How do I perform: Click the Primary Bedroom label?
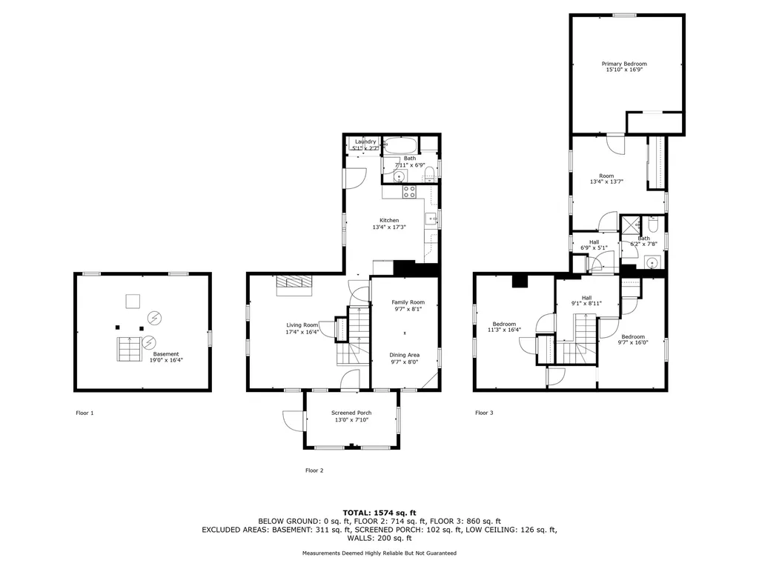pyautogui.click(x=624, y=64)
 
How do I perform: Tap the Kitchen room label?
pyautogui.click(x=389, y=221)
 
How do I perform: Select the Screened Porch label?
pyautogui.click(x=351, y=413)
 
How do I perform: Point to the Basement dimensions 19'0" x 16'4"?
pyautogui.click(x=166, y=360)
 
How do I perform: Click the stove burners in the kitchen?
pyautogui.click(x=409, y=192)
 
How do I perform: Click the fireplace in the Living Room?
pyautogui.click(x=294, y=285)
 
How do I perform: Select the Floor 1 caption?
pyautogui.click(x=84, y=413)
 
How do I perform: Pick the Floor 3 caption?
pyautogui.click(x=484, y=413)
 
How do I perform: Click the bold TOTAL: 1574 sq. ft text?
pyautogui.click(x=379, y=513)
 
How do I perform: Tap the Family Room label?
pyautogui.click(x=408, y=302)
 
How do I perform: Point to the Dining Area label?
pyautogui.click(x=405, y=355)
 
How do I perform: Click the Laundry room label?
pyautogui.click(x=365, y=142)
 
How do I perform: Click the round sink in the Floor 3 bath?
pyautogui.click(x=652, y=263)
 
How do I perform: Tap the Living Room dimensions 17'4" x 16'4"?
pyautogui.click(x=302, y=333)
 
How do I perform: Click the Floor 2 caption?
pyautogui.click(x=314, y=470)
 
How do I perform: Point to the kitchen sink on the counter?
pyautogui.click(x=431, y=219)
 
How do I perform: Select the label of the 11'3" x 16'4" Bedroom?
pyautogui.click(x=504, y=325)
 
